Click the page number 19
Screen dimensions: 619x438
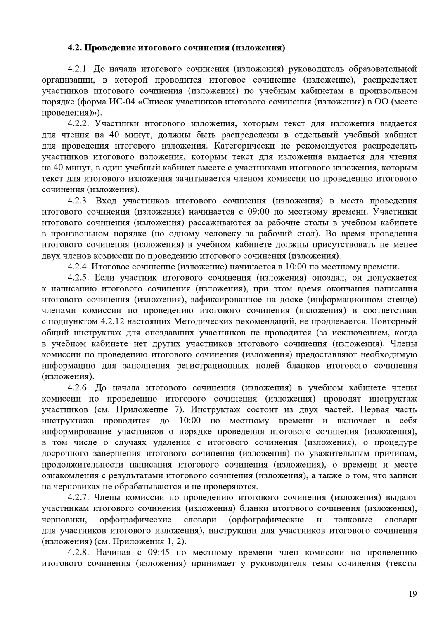click(412, 594)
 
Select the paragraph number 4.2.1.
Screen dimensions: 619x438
click(78, 69)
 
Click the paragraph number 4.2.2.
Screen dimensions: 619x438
click(78, 123)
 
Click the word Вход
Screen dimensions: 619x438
click(106, 201)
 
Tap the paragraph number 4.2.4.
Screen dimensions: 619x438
click(78, 267)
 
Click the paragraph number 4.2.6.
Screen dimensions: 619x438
click(78, 387)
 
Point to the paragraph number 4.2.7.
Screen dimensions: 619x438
click(78, 497)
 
